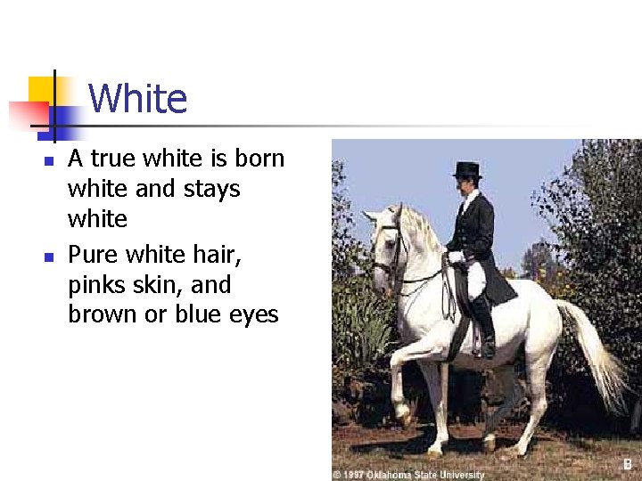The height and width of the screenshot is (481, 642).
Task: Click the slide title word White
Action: pos(138,99)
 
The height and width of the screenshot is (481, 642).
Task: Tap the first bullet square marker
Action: pos(49,161)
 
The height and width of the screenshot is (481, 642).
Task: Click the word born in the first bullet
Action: pos(259,159)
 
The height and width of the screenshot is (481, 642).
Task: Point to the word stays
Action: pos(213,189)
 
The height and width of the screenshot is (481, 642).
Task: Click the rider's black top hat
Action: pos(466,169)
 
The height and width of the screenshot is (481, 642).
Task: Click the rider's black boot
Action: pos(484,328)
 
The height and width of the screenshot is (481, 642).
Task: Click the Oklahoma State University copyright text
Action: pos(408,475)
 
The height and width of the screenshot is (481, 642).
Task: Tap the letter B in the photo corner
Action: pos(628,465)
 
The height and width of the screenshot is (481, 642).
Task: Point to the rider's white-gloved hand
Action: pos(456,257)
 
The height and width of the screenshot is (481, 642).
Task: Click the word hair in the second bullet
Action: pos(221,256)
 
